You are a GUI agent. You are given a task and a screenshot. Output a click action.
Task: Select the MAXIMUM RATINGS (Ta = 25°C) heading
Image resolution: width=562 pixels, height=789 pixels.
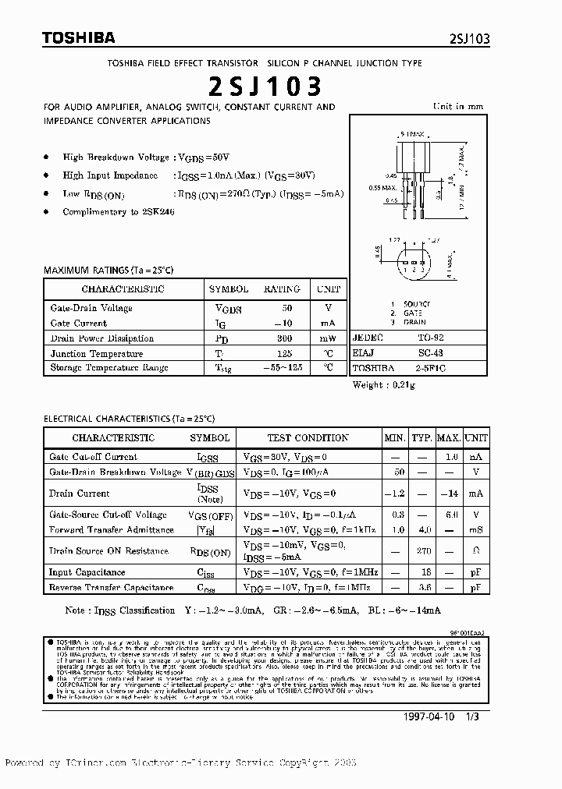(x=108, y=270)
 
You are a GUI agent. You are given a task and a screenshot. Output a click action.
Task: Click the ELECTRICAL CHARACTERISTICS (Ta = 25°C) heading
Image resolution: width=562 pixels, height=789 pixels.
(x=128, y=419)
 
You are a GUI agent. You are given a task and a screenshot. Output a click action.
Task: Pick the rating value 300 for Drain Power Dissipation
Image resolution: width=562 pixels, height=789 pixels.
(x=284, y=338)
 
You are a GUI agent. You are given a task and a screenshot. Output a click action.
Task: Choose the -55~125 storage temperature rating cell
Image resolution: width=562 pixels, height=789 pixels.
(x=281, y=367)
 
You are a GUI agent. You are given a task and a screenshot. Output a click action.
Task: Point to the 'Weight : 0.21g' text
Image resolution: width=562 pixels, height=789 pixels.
(x=384, y=385)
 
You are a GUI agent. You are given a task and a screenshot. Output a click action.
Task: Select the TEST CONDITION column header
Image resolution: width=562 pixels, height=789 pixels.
(x=308, y=438)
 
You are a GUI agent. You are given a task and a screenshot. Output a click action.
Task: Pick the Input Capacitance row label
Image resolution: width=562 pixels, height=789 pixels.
(x=87, y=572)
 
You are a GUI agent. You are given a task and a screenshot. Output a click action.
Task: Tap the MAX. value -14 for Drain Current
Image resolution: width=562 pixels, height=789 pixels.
(x=448, y=494)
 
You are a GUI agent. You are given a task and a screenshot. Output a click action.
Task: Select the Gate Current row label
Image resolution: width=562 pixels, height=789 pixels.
(x=79, y=323)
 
